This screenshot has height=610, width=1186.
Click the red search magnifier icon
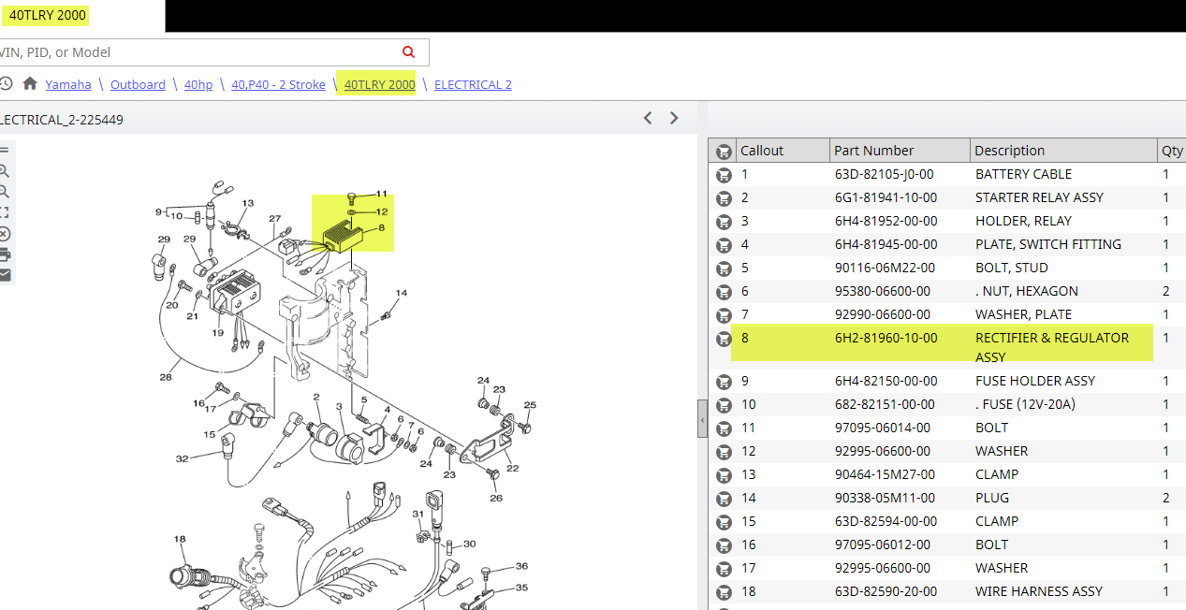click(408, 51)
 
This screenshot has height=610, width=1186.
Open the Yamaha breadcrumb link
click(68, 84)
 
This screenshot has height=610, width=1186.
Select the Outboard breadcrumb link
click(138, 84)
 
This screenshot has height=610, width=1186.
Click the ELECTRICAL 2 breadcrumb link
click(473, 84)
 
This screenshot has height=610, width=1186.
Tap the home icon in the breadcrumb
click(30, 83)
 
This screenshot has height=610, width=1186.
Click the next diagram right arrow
click(674, 118)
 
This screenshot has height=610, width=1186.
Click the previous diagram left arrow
click(648, 118)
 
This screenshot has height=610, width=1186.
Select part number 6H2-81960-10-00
click(886, 338)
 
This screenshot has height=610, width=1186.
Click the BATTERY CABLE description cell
click(1023, 175)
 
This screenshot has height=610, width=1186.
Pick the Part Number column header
click(873, 151)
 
